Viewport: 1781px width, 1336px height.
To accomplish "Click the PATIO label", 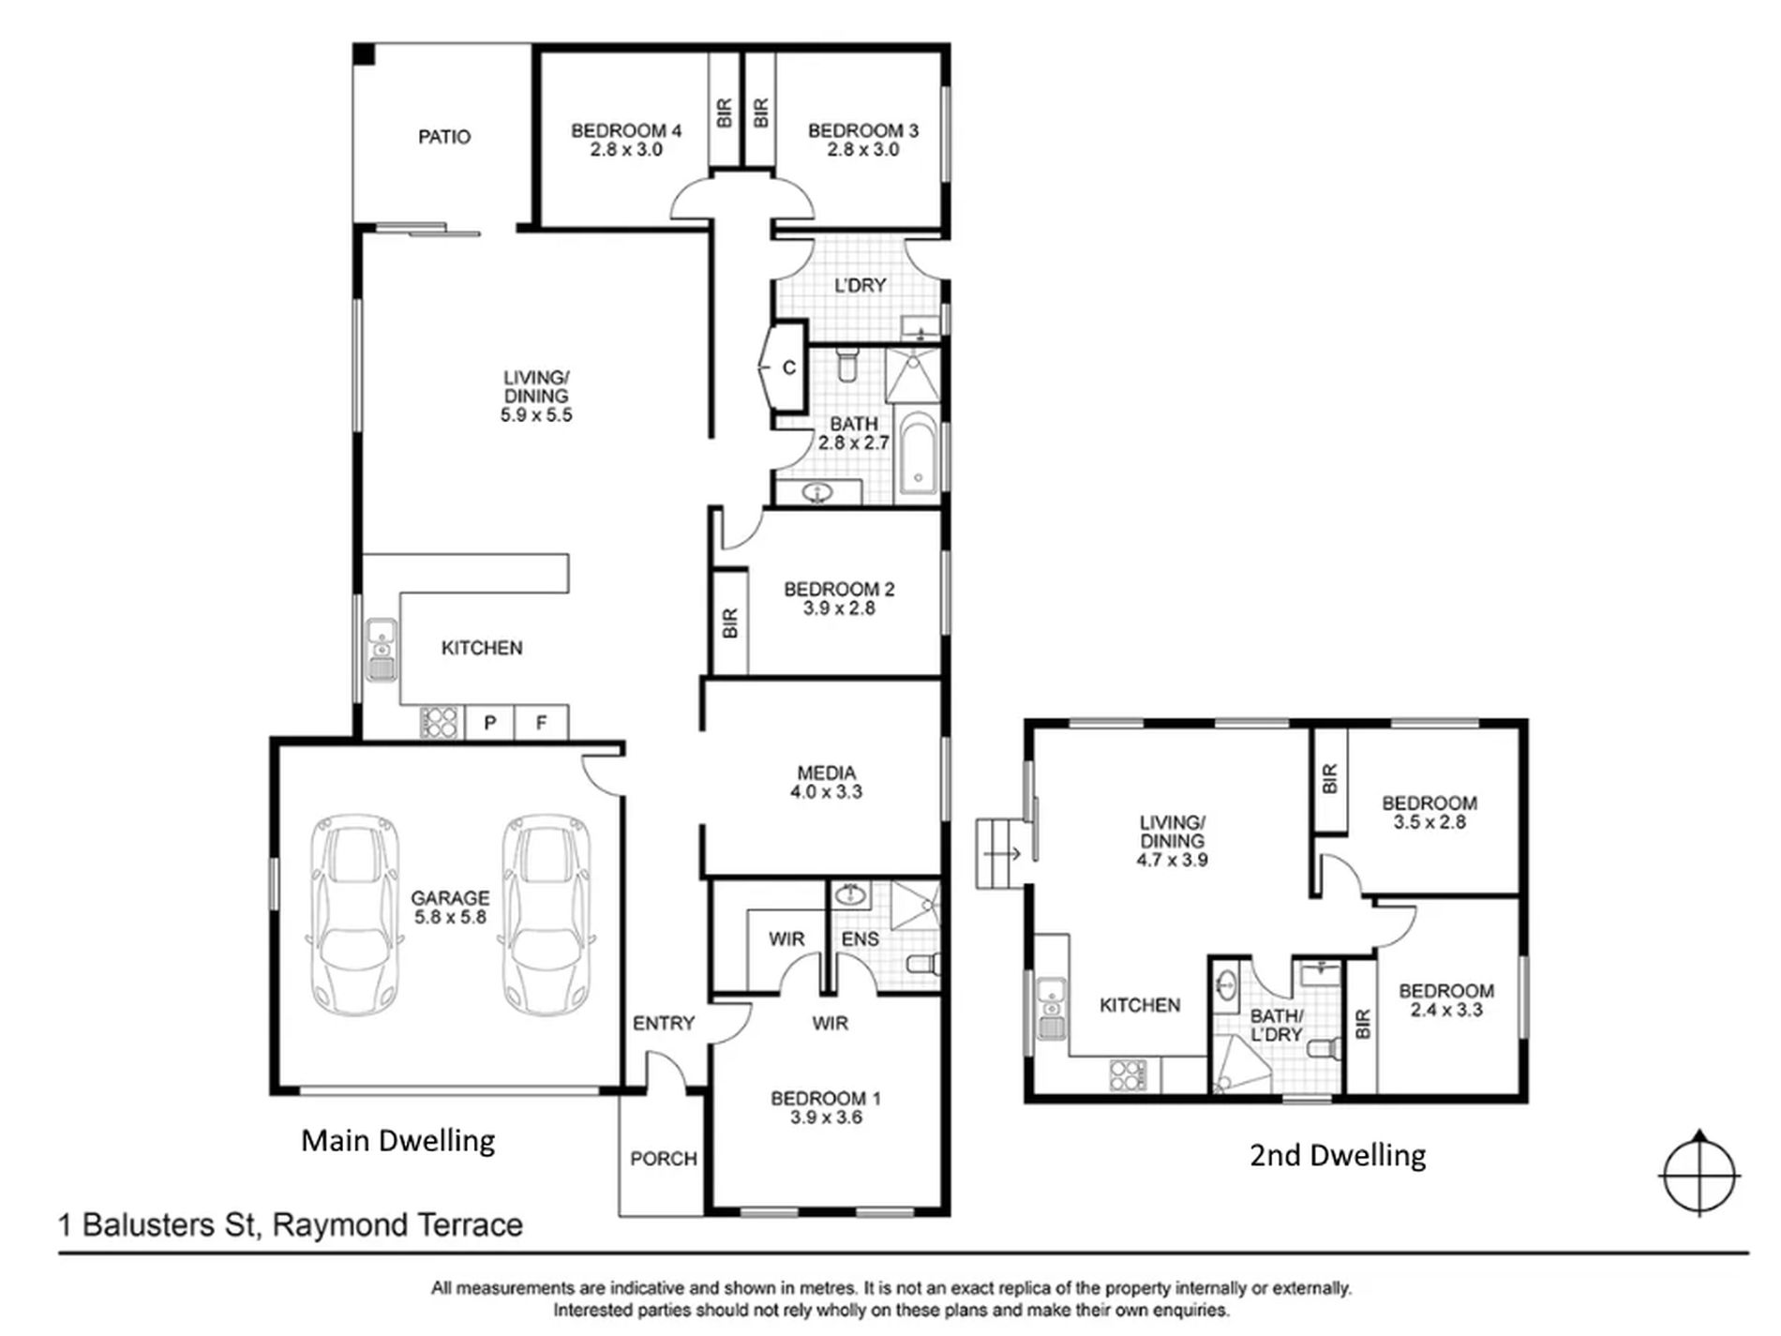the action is coord(444,137).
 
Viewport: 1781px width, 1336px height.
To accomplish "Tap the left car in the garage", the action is coord(356,915).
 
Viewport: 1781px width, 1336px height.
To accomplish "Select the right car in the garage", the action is coord(547,915).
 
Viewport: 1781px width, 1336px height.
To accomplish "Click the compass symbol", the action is coord(1699,1174).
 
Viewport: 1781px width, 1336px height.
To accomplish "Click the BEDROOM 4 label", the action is coord(626,131).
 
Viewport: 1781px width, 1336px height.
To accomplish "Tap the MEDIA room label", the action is coord(826,773).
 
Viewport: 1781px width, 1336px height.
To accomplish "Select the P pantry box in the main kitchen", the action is coord(489,723).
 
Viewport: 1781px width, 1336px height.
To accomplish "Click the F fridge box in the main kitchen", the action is coord(541,723).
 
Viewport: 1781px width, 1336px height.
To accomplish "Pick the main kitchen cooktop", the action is coord(439,723).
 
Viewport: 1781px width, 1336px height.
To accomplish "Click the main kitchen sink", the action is coord(382,649).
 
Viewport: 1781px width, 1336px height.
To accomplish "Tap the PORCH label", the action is coord(664,1159).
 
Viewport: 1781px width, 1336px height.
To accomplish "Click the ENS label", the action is coord(861,938).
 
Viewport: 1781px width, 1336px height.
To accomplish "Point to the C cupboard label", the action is coord(789,368).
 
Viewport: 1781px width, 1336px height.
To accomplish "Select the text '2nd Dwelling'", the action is coord(1338,1155).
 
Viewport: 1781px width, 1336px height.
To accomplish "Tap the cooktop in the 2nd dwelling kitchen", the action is coord(1128,1074).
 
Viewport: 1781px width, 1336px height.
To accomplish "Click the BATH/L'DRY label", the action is coord(1276,1025).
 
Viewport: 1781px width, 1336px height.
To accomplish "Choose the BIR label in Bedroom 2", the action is coord(730,623).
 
